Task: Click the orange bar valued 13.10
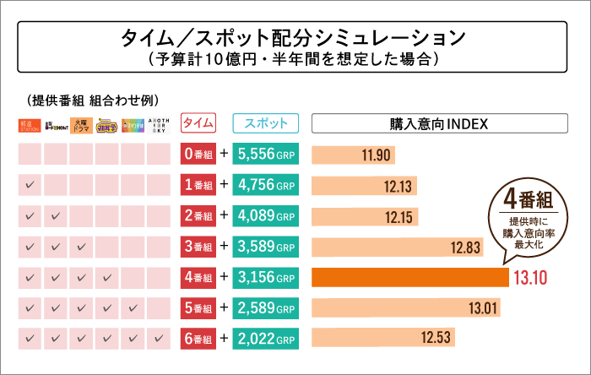[410, 278]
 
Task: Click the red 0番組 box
[198, 155]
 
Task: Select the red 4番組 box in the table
[198, 278]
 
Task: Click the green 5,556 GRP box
[265, 155]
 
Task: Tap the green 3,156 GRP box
[265, 278]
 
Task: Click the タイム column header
[198, 124]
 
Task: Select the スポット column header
[265, 124]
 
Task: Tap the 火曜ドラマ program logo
[81, 125]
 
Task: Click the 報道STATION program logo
[30, 125]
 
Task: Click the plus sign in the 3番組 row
[225, 247]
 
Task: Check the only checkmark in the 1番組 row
[30, 186]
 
